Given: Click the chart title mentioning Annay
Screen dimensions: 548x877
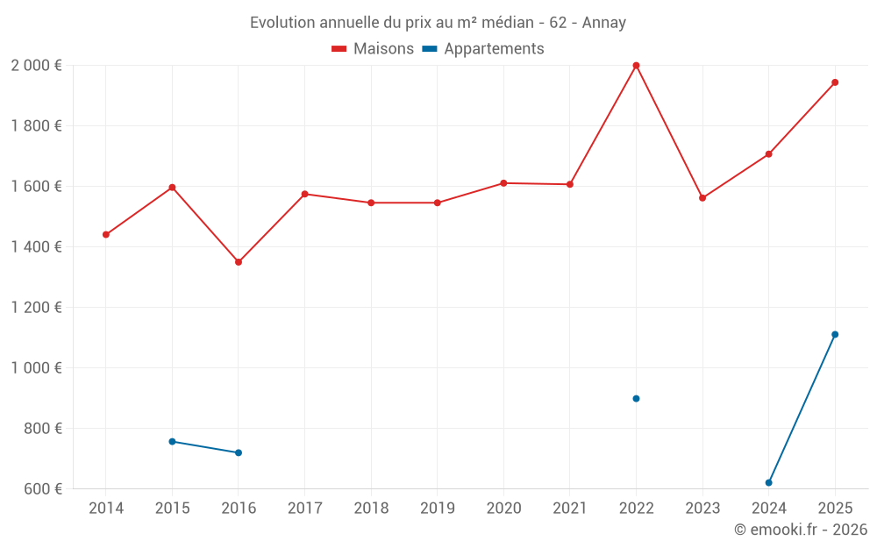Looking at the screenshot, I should (438, 23).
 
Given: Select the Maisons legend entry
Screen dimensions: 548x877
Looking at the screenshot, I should (373, 49).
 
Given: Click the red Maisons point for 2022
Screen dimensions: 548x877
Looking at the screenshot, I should (636, 66).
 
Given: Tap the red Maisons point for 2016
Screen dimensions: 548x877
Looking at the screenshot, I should (239, 262).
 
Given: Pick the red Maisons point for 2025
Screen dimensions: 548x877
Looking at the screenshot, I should (835, 82).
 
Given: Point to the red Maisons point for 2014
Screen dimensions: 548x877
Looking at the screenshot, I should (106, 235).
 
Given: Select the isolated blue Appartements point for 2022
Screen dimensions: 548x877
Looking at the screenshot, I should (636, 399).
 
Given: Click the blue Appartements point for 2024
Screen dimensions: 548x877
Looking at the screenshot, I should (769, 483).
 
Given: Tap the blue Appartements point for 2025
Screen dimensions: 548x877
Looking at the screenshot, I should (835, 334).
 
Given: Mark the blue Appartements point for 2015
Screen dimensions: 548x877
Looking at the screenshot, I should (172, 442).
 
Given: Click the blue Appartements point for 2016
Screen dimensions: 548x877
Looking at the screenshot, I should (239, 453).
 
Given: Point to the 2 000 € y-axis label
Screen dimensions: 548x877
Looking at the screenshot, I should (36, 66).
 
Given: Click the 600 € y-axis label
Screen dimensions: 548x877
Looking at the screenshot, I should (41, 489).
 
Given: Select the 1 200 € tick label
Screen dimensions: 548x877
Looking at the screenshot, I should (36, 308).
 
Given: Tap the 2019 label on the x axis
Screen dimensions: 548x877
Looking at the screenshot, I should (437, 509).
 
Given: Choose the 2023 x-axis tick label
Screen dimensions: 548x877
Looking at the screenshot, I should (702, 509).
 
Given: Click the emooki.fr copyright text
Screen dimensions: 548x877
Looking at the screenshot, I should (801, 530).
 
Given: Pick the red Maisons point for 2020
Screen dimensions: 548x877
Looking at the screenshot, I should (503, 183).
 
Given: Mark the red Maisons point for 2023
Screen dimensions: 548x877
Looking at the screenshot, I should (702, 198).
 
